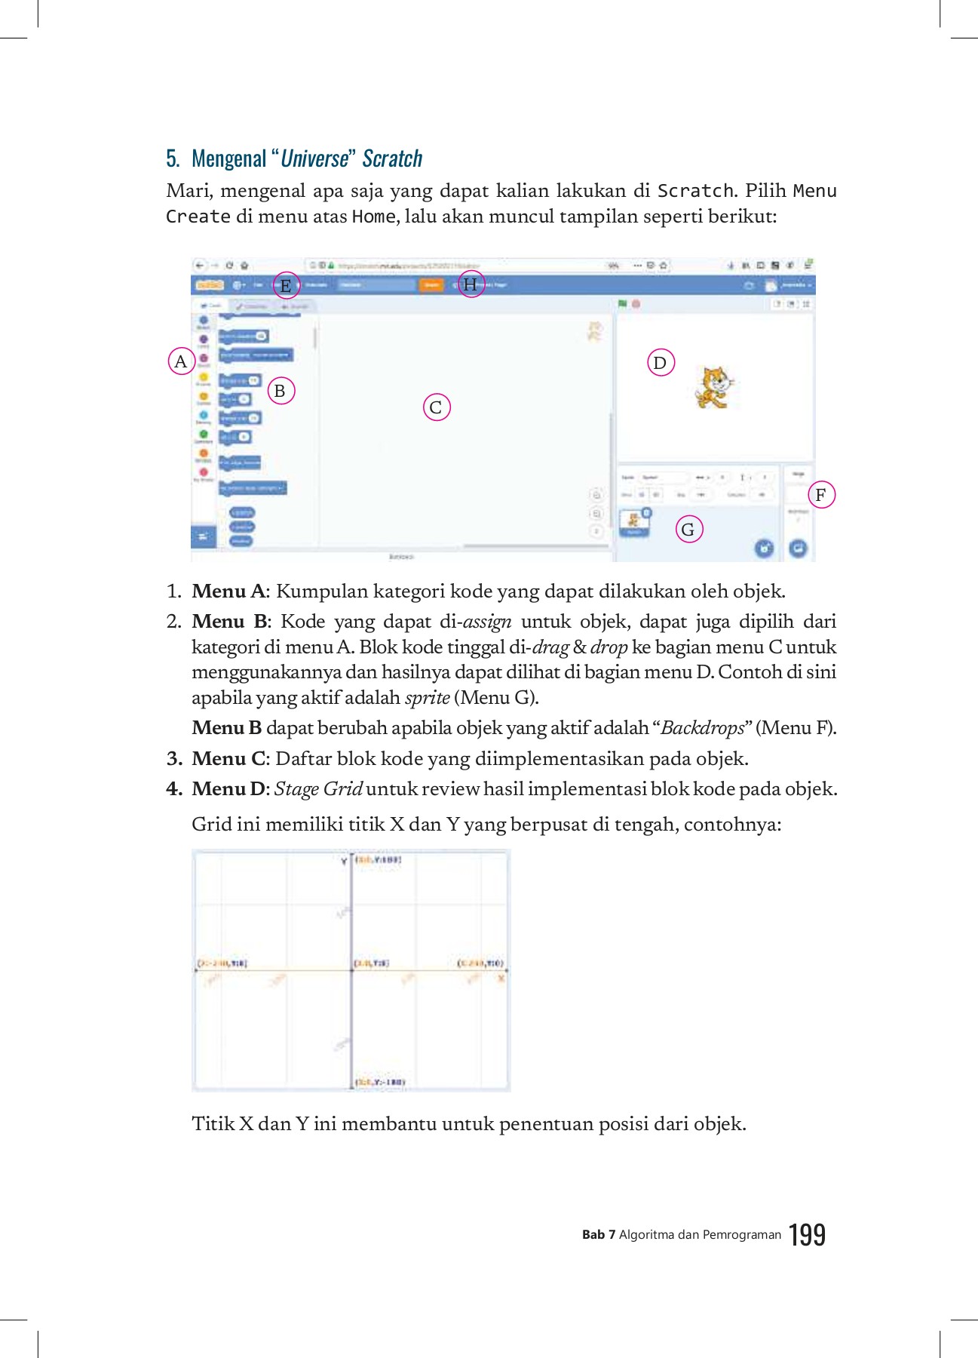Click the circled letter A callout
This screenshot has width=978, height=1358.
(x=181, y=361)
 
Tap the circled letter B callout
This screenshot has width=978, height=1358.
(x=281, y=391)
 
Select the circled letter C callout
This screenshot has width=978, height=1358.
(x=436, y=407)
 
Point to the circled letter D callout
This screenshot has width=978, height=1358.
(x=661, y=363)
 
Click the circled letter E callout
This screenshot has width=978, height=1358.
(x=286, y=285)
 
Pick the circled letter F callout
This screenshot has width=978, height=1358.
(x=821, y=495)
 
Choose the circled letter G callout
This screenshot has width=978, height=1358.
(x=688, y=529)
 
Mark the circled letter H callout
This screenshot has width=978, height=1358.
(x=471, y=284)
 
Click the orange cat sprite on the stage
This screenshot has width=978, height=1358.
(x=713, y=387)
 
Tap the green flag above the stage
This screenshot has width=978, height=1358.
(x=623, y=303)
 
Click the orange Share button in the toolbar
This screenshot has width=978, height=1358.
(x=431, y=284)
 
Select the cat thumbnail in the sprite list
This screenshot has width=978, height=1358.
(x=634, y=521)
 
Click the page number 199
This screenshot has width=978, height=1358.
(x=807, y=1235)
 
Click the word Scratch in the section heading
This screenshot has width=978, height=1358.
(x=392, y=158)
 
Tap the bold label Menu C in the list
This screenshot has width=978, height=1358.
(x=229, y=758)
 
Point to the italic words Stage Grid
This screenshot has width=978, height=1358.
(x=318, y=788)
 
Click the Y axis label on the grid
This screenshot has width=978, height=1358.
(x=344, y=861)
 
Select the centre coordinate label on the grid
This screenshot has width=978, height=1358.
(x=372, y=963)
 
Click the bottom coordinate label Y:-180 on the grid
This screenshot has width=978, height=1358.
(x=381, y=1082)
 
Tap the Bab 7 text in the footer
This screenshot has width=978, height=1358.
(x=599, y=1235)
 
